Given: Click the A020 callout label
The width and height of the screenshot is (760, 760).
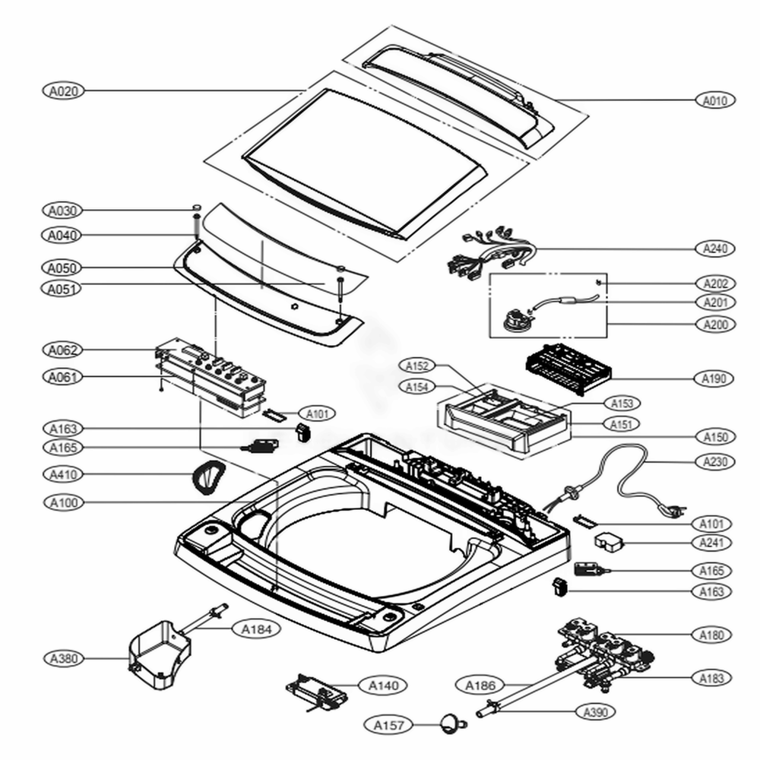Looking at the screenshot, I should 62,90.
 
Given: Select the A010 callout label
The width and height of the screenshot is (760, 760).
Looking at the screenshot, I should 714,100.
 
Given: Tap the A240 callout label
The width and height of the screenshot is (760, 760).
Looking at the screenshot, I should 714,248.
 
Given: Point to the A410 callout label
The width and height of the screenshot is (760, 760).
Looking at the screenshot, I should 62,474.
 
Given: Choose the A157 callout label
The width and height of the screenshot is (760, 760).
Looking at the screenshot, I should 388,725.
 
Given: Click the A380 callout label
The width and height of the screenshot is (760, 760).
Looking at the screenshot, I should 62,657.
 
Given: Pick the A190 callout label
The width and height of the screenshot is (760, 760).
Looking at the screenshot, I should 714,378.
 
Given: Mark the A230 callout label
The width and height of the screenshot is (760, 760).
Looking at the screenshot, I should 714,461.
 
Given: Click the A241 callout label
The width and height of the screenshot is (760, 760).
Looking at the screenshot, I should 714,543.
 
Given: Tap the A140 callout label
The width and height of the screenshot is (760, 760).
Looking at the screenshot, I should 383,686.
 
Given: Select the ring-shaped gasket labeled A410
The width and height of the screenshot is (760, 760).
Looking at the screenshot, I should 207,479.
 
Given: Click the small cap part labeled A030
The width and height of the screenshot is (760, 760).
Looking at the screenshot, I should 195,207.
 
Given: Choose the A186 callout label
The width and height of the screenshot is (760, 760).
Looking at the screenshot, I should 480,686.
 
